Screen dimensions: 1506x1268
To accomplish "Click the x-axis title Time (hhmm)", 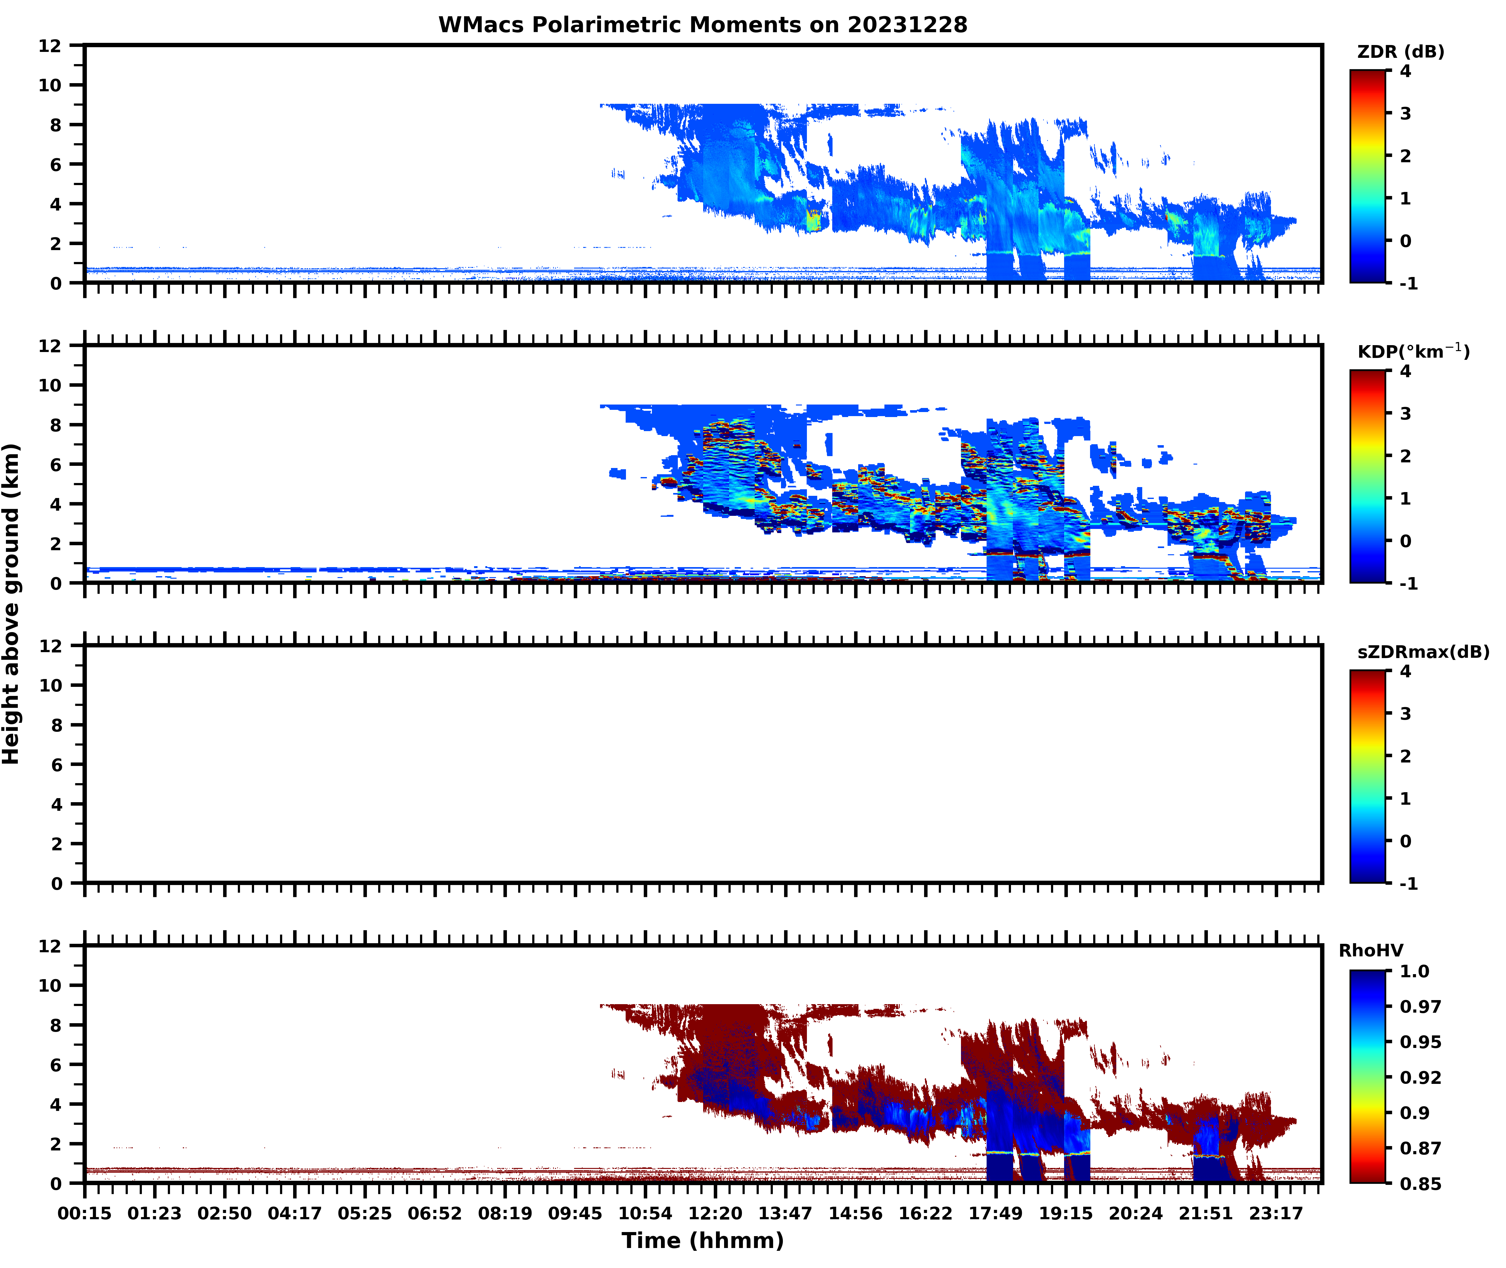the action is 703,1240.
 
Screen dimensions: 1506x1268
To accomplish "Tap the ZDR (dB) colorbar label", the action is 1400,52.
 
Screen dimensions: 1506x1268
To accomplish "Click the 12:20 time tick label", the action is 715,1213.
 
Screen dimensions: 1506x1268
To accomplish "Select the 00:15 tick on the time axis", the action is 85,1213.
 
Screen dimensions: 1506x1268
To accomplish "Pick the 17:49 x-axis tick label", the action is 995,1213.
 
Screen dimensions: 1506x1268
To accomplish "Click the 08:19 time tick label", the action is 505,1213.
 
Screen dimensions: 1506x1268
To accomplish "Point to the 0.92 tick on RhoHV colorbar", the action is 1420,1078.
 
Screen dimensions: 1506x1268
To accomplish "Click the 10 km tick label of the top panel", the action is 50,85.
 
